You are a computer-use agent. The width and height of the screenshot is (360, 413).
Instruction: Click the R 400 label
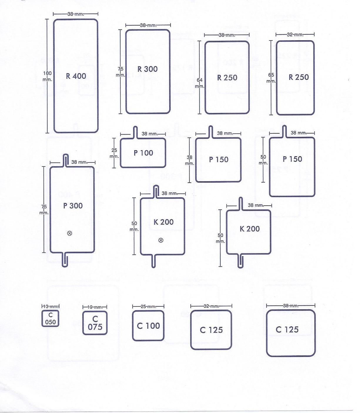[76, 76]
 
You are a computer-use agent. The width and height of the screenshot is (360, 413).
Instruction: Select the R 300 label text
[148, 69]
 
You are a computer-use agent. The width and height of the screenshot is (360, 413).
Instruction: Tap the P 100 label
[143, 153]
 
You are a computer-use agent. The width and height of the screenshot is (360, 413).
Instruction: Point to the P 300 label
[73, 206]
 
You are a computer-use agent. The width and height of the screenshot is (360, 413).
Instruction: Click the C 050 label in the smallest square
[50, 319]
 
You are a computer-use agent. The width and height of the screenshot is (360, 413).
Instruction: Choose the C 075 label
[95, 323]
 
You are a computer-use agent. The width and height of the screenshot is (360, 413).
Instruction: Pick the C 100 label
[148, 326]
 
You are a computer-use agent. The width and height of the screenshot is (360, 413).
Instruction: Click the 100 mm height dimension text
[47, 76]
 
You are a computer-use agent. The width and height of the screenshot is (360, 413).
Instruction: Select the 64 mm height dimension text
[199, 83]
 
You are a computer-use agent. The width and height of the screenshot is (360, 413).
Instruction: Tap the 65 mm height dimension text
[271, 78]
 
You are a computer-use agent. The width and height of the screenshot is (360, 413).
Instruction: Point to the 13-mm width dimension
[50, 306]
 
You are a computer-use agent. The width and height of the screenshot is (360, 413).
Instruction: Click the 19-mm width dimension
[95, 307]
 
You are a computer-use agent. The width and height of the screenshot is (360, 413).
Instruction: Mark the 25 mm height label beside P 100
[114, 153]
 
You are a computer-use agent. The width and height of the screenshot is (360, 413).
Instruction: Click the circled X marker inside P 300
[70, 234]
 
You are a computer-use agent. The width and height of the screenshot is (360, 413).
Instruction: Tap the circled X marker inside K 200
[161, 240]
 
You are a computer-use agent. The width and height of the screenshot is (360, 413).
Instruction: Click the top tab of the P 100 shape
[135, 132]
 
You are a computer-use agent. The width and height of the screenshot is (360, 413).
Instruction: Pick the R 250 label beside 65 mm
[299, 77]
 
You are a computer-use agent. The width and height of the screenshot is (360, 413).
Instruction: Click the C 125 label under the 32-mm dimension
[211, 330]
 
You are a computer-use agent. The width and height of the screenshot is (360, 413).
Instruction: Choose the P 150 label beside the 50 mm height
[292, 159]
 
